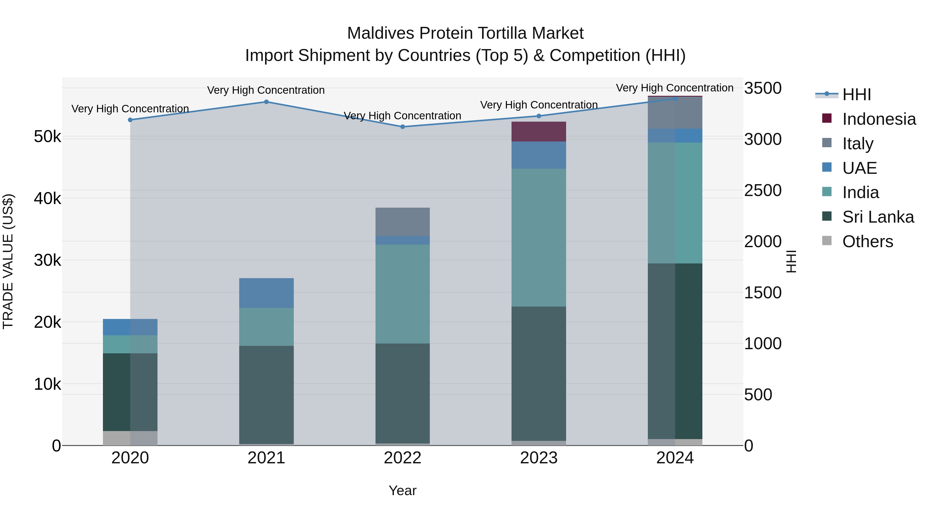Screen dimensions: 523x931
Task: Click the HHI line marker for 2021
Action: tap(266, 102)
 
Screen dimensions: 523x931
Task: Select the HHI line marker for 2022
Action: tap(403, 127)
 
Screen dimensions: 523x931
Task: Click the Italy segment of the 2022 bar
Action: tap(403, 222)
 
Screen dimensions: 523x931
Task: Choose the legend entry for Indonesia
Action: tap(879, 119)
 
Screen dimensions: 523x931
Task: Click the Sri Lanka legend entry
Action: tap(878, 217)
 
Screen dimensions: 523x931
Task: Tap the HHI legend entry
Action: tap(856, 95)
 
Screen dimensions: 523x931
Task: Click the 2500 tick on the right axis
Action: tap(763, 190)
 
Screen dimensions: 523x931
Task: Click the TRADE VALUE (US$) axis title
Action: tap(8, 261)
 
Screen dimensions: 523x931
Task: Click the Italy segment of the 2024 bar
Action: tap(675, 113)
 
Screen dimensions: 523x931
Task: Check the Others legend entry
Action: tap(867, 241)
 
